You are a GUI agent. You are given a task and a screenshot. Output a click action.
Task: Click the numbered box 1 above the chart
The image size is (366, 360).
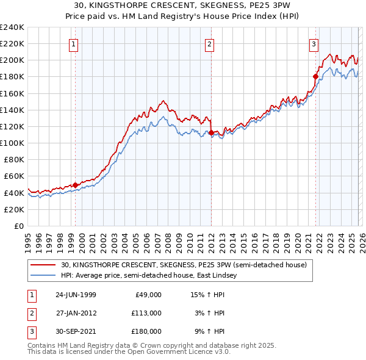pos(73,43)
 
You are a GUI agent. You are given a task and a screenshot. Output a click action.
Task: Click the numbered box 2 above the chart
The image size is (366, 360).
pos(209,43)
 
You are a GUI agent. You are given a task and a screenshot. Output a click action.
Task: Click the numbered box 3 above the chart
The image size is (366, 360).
pos(313,43)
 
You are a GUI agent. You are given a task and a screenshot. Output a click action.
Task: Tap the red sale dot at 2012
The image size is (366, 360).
pos(210,132)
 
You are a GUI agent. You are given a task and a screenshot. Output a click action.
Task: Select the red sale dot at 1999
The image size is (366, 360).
pos(75,185)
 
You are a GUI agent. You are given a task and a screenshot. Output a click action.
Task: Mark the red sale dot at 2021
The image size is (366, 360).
pos(315,77)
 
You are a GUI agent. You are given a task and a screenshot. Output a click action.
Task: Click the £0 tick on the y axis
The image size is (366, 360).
pos(18,226)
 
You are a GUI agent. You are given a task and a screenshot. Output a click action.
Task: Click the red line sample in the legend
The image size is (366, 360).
pos(43,265)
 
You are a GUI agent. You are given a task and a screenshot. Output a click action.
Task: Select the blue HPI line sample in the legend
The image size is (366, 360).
pos(43,275)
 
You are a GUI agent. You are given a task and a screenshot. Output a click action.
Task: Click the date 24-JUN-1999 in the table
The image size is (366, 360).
pos(76,295)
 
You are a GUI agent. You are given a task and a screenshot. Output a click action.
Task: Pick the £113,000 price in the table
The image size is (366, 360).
pos(146,313)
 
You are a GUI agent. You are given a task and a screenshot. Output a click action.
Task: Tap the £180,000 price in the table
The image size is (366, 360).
pos(146,331)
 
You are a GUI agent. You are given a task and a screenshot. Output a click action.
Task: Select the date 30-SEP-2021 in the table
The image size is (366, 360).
pos(76,331)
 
